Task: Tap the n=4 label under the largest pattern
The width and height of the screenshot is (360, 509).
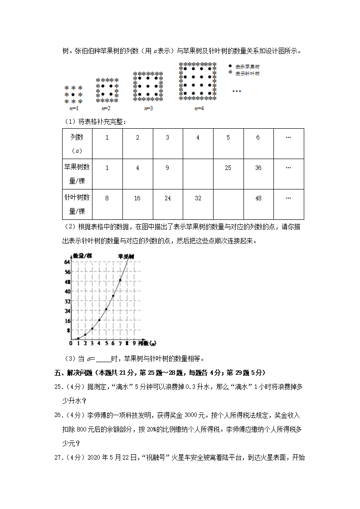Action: tap(199, 109)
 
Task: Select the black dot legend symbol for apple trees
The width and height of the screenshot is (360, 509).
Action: tap(230, 66)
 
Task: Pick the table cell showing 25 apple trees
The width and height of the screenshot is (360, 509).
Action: tap(228, 168)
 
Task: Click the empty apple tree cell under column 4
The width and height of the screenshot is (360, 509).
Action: tap(198, 174)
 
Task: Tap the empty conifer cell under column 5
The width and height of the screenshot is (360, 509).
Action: tap(228, 204)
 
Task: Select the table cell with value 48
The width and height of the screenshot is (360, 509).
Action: tap(258, 198)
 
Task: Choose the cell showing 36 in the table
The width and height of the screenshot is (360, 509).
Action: tap(258, 168)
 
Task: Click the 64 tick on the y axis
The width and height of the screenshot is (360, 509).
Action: tap(67, 262)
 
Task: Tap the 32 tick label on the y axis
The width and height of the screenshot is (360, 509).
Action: tap(67, 301)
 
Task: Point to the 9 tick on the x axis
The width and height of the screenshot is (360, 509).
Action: tap(134, 343)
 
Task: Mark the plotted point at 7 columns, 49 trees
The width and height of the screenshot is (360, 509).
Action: tap(120, 280)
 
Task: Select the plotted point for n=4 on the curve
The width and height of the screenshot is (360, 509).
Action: tap(99, 320)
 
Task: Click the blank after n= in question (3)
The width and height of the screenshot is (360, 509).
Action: tap(103, 359)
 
